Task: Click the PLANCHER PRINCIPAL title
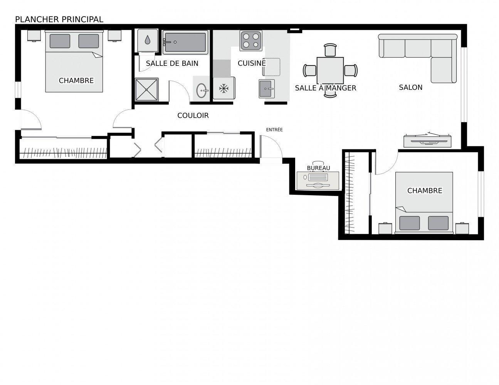[59, 19]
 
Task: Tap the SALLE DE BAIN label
[172, 63]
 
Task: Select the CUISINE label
[251, 63]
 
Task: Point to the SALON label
[410, 87]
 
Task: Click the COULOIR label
[193, 115]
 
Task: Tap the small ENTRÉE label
[274, 130]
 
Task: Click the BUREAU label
[318, 168]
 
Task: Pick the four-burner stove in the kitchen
[251, 40]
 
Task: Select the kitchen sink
[266, 89]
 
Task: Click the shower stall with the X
[147, 90]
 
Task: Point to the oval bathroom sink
[202, 91]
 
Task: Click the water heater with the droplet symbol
[148, 40]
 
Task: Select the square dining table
[330, 70]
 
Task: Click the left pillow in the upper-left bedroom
[60, 41]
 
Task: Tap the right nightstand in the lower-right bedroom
[462, 228]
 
